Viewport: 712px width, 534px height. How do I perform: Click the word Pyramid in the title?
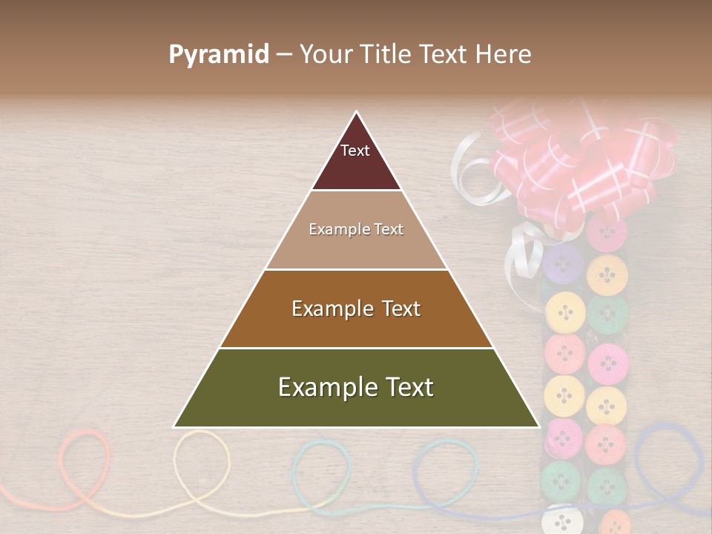[219, 55]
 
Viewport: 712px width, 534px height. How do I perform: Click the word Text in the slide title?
[444, 55]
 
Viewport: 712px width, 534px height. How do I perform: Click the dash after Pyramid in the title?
[284, 55]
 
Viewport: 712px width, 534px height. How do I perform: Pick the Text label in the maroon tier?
[355, 151]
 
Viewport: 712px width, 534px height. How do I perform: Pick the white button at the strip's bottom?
[563, 519]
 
